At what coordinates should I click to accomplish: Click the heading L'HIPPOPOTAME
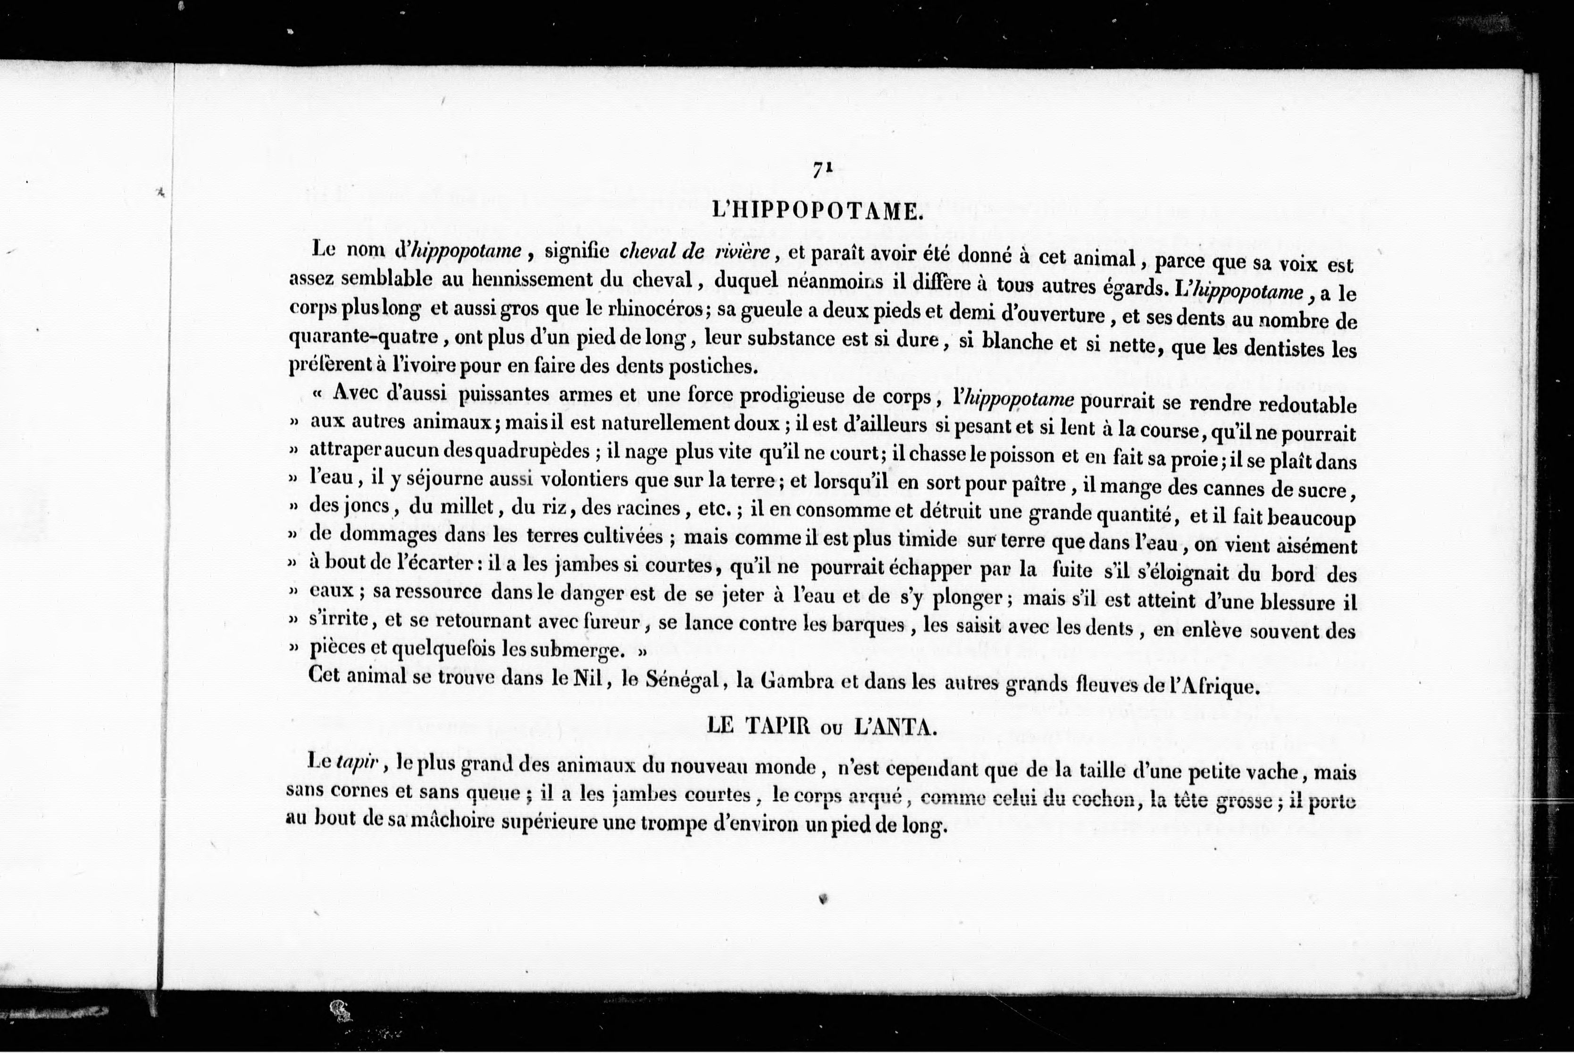[817, 212]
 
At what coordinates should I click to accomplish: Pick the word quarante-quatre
[363, 336]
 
